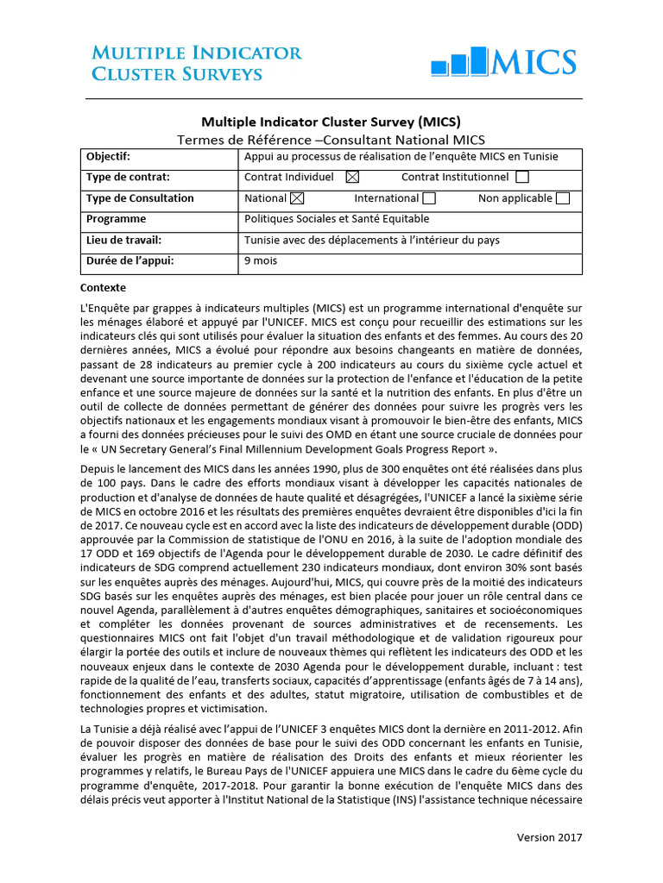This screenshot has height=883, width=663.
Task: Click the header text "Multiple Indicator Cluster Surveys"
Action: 197,63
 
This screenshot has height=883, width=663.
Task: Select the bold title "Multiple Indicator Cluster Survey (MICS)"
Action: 331,122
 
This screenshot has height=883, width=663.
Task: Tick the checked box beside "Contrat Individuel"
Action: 351,178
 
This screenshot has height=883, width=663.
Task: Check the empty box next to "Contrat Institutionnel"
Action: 521,178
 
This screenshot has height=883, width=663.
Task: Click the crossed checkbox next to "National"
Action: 298,198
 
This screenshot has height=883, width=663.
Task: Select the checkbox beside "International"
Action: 429,198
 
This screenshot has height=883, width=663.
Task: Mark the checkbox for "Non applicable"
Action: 563,198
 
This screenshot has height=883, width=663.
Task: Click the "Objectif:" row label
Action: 108,157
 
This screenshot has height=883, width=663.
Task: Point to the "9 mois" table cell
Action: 261,260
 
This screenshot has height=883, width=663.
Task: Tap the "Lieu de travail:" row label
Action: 123,240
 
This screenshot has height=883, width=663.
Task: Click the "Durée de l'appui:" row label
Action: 129,260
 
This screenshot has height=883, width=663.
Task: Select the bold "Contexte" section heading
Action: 103,287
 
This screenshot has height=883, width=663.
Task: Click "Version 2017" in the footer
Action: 549,837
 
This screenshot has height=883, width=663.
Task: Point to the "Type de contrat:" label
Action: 127,178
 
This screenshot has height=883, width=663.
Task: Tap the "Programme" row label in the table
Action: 116,219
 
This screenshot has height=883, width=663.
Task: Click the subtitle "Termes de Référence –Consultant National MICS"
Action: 331,139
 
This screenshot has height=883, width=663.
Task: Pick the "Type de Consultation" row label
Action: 140,198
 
